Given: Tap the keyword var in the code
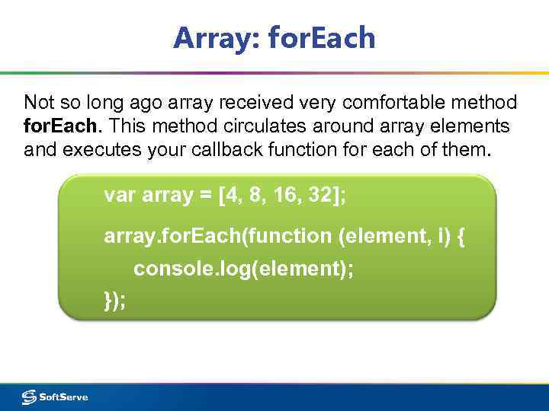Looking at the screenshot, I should (120, 196).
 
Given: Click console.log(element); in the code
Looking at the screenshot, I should (243, 269).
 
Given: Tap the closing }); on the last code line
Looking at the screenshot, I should (115, 300).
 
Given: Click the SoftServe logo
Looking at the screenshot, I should (55, 397).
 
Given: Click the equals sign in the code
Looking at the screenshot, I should (206, 196).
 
